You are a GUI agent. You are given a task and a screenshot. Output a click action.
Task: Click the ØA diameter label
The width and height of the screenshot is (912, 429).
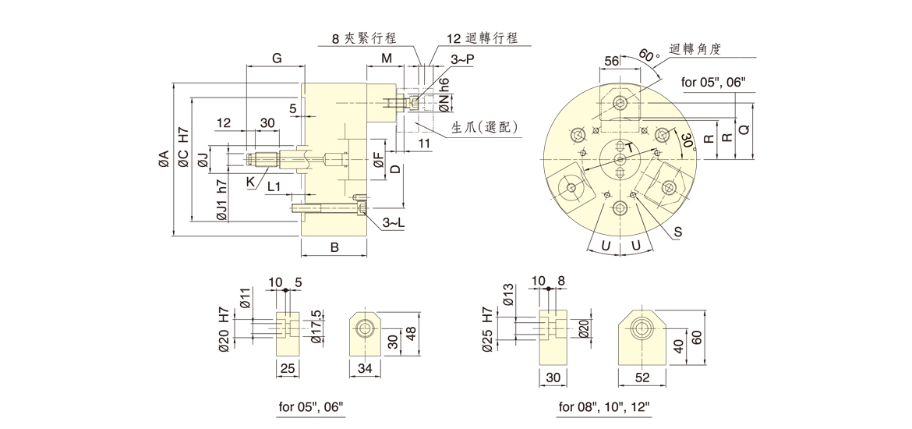point(163,159)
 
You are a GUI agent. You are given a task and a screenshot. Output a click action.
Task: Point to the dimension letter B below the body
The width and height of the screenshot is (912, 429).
point(334,248)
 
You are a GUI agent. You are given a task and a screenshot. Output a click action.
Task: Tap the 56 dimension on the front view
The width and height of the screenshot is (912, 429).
point(612,61)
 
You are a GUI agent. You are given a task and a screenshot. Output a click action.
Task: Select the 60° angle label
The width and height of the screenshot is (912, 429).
point(649,57)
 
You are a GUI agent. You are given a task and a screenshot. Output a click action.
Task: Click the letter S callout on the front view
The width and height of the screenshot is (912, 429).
point(677,231)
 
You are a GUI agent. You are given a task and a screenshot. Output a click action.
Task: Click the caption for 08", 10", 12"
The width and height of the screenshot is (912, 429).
point(604,406)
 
